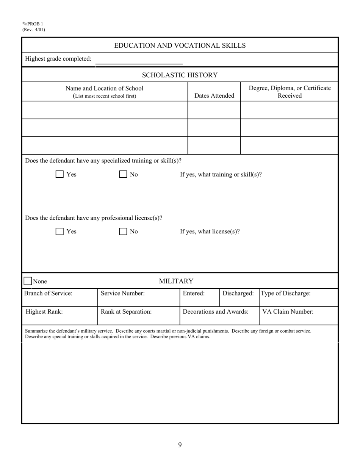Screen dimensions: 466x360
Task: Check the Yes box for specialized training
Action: [x=59, y=174]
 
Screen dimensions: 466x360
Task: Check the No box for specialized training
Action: [x=123, y=174]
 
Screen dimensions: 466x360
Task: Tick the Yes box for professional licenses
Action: [x=59, y=231]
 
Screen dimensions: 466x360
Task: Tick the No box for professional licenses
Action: [x=123, y=231]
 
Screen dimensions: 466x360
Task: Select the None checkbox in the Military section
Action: [x=28, y=281]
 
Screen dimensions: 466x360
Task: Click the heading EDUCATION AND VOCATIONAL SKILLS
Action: [x=180, y=45]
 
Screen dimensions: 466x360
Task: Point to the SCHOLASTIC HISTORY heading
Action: [x=180, y=75]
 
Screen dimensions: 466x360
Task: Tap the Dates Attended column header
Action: [x=214, y=96]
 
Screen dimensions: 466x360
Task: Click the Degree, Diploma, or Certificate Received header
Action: [x=290, y=92]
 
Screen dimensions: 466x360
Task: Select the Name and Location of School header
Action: [x=105, y=92]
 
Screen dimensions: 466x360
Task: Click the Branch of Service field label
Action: [x=48, y=293]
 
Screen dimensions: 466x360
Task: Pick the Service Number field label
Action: [x=122, y=293]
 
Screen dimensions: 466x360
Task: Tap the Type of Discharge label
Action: [x=286, y=293]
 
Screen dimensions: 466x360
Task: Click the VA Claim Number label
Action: [x=288, y=312]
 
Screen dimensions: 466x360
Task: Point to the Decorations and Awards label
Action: [x=216, y=312]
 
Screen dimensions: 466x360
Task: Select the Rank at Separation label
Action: [x=126, y=312]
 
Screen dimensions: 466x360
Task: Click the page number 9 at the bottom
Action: [x=180, y=445]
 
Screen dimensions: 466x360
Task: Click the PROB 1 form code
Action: [x=35, y=24]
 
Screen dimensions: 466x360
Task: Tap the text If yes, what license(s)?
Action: [x=210, y=231]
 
